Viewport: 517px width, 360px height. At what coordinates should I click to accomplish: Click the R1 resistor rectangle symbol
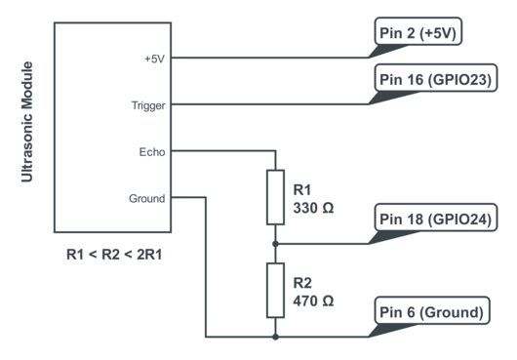276,197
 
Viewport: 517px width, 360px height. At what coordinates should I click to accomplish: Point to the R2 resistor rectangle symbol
276,291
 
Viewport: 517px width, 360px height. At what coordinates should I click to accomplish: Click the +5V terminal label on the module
154,58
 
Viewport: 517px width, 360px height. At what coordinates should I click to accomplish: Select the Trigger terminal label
148,104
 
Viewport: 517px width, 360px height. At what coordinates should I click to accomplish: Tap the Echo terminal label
153,151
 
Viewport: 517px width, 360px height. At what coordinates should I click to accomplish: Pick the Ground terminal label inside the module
147,198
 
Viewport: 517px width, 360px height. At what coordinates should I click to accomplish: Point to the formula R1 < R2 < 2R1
114,255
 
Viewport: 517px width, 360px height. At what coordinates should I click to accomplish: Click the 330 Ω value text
314,208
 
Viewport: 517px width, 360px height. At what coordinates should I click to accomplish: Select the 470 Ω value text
314,301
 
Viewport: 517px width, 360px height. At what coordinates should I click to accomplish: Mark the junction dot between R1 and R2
276,244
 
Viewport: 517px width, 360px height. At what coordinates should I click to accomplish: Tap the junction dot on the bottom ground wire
276,338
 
